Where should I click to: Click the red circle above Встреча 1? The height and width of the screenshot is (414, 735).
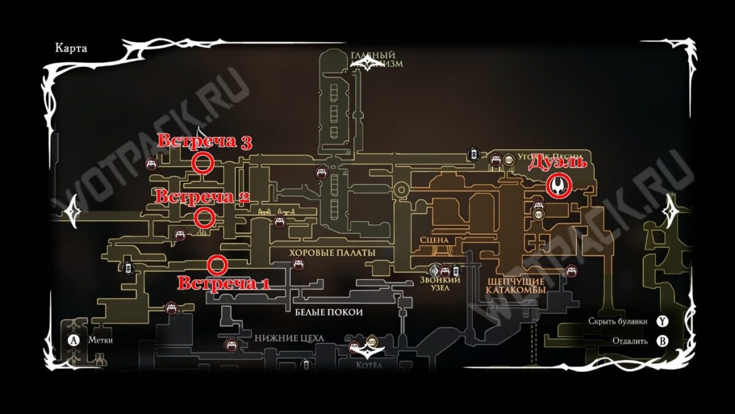tap(217, 265)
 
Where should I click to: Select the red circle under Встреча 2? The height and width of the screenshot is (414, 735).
tap(204, 217)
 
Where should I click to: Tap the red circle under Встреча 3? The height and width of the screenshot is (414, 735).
tap(203, 163)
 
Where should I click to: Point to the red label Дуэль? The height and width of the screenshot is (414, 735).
tap(557, 163)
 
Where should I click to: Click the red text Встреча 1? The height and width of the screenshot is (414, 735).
tap(223, 284)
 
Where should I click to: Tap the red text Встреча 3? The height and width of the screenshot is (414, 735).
tap(205, 142)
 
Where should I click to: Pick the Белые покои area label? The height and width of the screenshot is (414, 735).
tap(329, 312)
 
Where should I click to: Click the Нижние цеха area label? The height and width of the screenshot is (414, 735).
tap(289, 339)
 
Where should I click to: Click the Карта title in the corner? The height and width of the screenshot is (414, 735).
tap(69, 48)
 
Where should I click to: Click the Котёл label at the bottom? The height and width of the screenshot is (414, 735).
tap(369, 365)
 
